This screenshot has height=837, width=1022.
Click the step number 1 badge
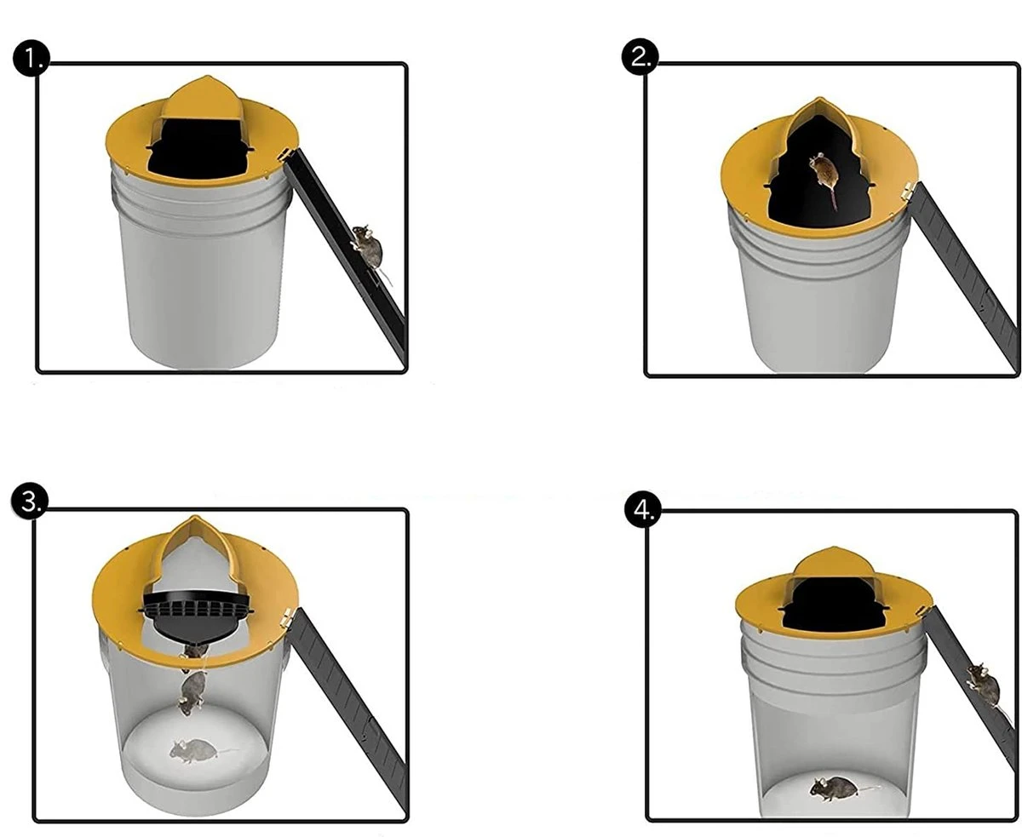coord(32,59)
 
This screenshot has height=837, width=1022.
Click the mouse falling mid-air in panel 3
coord(193,688)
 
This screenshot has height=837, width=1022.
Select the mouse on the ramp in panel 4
coord(982,682)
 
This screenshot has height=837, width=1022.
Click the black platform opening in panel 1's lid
coord(202,150)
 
